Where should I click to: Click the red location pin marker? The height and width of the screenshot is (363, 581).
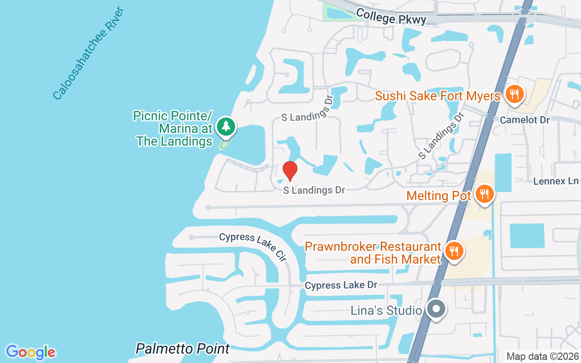pos(290,171)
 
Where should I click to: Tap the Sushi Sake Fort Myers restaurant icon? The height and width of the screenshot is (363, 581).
pos(514,95)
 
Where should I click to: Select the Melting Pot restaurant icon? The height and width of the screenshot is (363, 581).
pos(485,195)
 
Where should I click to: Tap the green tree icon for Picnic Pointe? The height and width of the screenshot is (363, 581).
pos(226,127)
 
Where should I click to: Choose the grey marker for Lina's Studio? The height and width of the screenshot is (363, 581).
pos(436,309)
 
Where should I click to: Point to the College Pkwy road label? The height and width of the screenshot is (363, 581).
pos(391,16)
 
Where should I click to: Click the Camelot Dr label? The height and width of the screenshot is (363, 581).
pos(525,120)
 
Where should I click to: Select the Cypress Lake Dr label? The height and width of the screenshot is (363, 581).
pos(341,285)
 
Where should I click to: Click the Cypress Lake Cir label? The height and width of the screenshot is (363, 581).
pos(253,247)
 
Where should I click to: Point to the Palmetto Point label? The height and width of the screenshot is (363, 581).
pos(183,348)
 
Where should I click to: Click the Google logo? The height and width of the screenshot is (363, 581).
pos(30,352)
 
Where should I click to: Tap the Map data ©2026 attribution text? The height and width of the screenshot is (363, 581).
pos(542,357)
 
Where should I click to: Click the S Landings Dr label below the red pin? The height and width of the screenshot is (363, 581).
pos(314,190)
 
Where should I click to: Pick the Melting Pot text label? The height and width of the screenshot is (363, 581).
pos(438,196)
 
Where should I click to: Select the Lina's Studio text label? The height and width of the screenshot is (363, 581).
pos(386,311)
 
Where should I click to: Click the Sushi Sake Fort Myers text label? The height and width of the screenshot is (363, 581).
pos(438,96)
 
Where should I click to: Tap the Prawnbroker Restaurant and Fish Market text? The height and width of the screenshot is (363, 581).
pos(373,253)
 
